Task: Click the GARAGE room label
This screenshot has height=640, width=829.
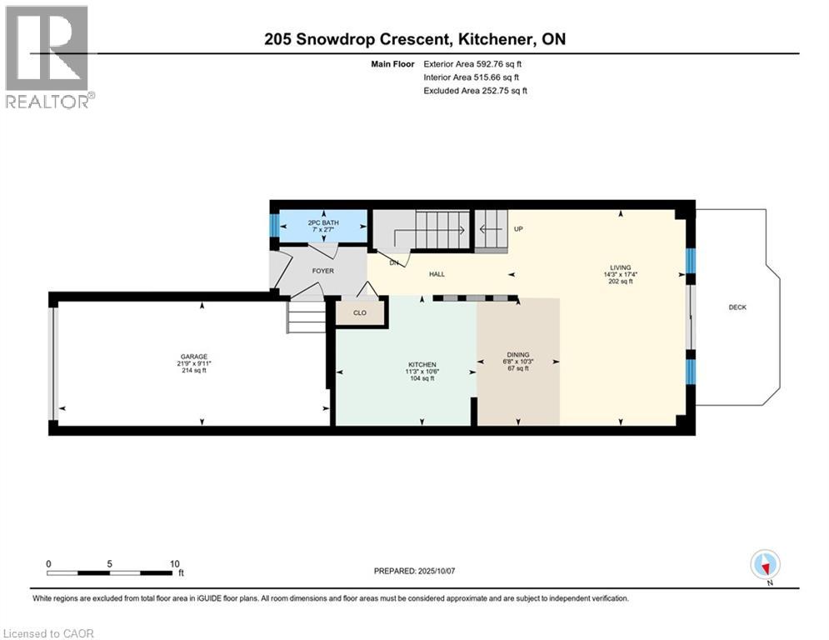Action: [194, 357]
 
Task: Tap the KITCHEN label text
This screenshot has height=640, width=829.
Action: [422, 364]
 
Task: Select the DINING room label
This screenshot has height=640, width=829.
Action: [518, 355]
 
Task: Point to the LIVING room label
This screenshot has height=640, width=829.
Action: [621, 268]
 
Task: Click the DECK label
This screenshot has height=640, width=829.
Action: [737, 307]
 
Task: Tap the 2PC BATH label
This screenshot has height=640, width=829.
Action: [323, 222]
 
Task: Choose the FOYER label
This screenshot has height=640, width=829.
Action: [323, 271]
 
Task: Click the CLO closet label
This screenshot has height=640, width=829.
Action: [360, 312]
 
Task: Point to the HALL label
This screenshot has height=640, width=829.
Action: [437, 274]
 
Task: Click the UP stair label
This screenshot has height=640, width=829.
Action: [519, 229]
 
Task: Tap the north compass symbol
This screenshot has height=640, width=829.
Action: [765, 565]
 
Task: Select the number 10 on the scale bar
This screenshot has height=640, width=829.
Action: [174, 564]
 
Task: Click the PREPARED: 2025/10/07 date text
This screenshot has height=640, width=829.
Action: [415, 571]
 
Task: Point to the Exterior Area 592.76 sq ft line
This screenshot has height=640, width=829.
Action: [472, 64]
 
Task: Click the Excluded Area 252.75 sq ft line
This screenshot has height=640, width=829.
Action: [475, 91]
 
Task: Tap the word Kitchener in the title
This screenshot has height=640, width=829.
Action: [495, 39]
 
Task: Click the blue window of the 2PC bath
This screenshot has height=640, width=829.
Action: [274, 226]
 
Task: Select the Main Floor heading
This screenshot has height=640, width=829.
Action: [392, 64]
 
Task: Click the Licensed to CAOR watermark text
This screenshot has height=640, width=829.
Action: [48, 633]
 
